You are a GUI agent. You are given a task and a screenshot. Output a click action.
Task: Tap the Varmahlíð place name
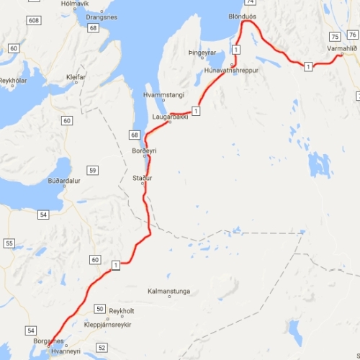342,48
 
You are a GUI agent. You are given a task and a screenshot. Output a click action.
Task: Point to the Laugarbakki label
171,116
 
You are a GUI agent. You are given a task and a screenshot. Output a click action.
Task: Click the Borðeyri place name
145,150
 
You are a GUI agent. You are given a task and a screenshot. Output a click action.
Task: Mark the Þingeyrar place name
202,53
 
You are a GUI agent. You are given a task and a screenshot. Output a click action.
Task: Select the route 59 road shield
92,170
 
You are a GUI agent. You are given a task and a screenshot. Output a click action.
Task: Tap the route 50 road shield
99,308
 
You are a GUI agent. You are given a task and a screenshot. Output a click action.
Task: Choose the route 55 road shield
9,243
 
